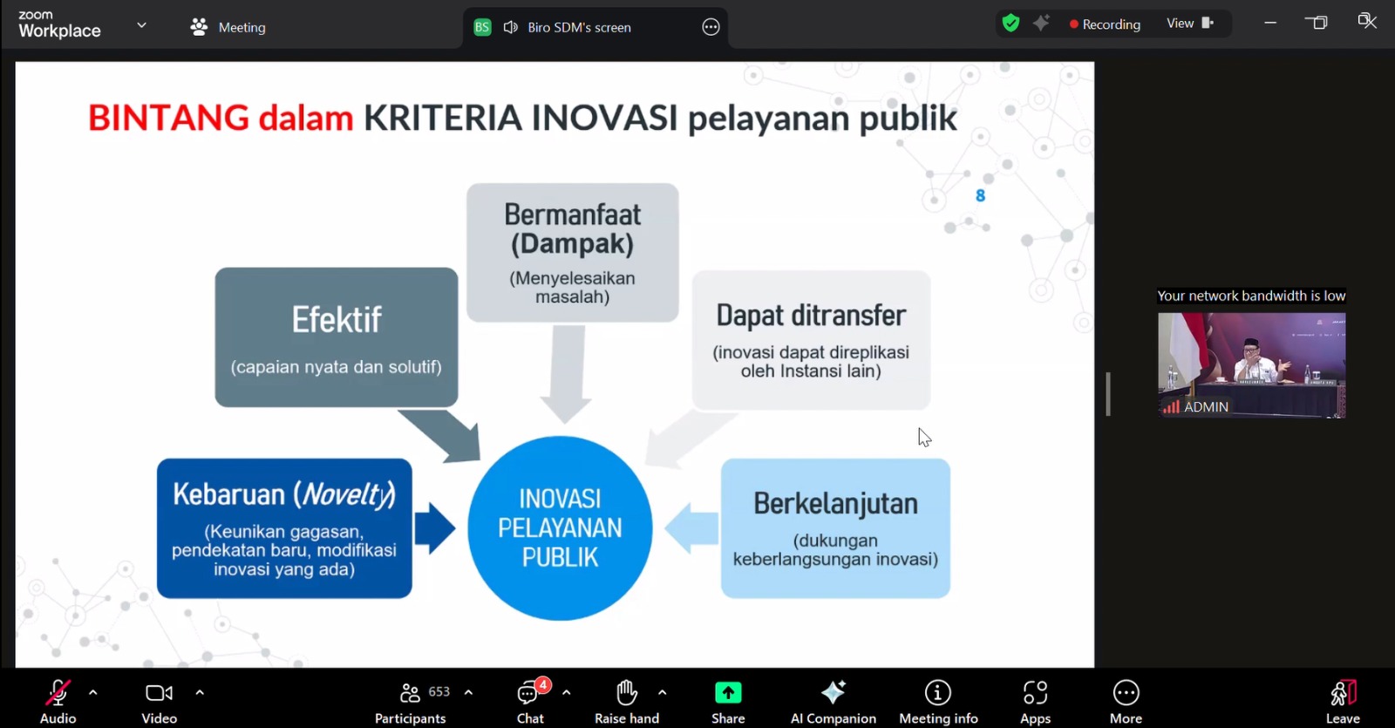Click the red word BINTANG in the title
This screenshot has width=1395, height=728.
[168, 118]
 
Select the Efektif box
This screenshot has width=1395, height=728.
[337, 337]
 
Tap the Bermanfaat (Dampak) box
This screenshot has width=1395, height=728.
[572, 252]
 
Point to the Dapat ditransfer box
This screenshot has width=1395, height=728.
[811, 340]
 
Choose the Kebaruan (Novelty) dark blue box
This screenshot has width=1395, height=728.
[284, 528]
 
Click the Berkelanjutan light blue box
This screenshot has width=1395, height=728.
[835, 528]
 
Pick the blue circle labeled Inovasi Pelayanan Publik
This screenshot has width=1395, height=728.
[560, 528]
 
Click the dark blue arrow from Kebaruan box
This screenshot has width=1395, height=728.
[435, 528]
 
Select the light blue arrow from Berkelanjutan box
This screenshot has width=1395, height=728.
[691, 528]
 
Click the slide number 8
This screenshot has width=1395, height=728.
[980, 196]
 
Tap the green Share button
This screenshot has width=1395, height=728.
[728, 692]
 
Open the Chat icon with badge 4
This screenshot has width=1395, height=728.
[529, 692]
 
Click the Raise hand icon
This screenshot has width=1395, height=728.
[626, 692]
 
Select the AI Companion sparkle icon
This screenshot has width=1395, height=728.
[833, 692]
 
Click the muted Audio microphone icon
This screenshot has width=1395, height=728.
[58, 692]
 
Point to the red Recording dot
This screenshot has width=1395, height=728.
[1073, 24]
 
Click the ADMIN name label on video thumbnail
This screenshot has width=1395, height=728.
[1206, 406]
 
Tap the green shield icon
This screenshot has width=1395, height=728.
[1011, 24]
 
